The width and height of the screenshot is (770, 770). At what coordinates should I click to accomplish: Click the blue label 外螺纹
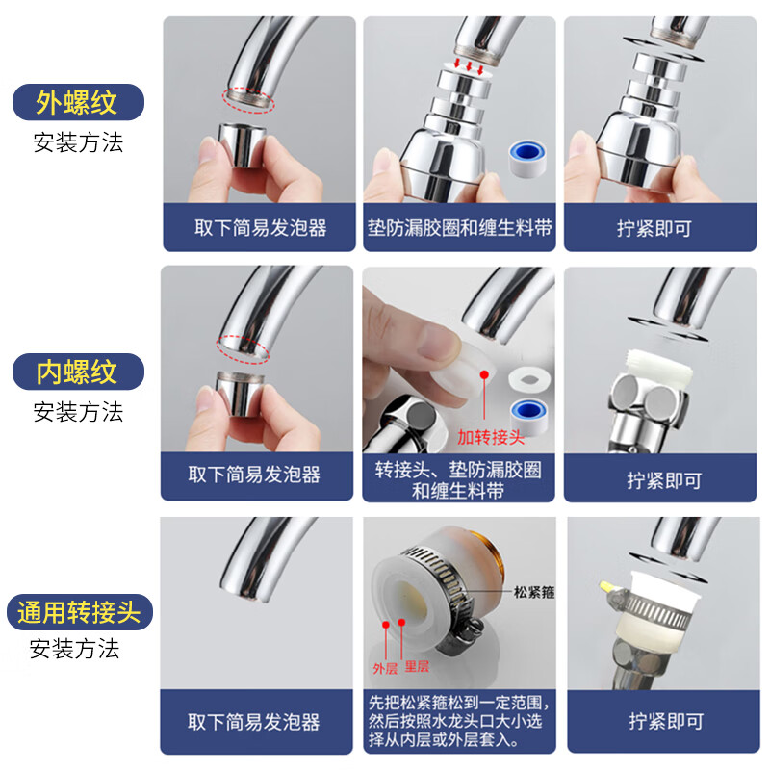click(x=77, y=101)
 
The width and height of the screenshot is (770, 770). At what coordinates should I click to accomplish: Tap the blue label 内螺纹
click(x=77, y=371)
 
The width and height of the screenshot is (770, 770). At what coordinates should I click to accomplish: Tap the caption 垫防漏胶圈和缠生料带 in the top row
click(x=459, y=228)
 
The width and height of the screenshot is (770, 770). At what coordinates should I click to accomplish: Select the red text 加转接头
click(x=491, y=438)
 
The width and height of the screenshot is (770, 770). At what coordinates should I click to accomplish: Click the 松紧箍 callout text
click(x=534, y=593)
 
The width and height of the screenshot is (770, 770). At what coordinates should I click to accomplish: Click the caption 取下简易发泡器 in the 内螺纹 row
click(x=254, y=474)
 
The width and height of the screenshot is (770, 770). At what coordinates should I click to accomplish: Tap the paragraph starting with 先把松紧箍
click(x=459, y=721)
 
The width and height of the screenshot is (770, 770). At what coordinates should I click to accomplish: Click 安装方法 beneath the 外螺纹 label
click(x=78, y=143)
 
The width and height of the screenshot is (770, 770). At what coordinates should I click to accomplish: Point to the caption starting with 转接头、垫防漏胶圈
click(x=458, y=479)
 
